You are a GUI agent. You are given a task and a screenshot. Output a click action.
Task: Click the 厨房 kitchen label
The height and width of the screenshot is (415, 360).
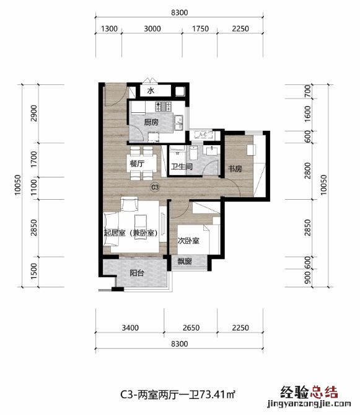pos(151,122)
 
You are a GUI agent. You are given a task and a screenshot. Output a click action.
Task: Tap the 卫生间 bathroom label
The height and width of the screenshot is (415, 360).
pos(182,166)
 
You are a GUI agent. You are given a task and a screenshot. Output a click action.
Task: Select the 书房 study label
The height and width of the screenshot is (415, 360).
pos(235,168)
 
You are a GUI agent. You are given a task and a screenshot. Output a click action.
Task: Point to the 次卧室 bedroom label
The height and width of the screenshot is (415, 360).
pos(188,241)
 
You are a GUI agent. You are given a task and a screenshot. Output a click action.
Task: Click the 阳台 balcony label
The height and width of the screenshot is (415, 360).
pos(137,273)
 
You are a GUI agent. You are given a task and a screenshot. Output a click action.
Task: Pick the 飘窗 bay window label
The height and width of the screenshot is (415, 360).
pos(184,262)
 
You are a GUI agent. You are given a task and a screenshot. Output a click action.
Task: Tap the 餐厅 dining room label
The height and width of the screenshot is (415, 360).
pos(137,164)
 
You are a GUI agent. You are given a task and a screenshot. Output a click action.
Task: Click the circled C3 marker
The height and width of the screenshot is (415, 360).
pos(155,187)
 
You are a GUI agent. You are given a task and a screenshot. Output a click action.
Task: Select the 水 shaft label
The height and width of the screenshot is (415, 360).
pos(151,91)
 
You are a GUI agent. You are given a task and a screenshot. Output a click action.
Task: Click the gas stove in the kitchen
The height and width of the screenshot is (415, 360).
pos(164,107)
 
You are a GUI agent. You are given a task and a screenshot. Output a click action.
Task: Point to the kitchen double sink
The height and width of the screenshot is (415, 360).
pos(179,123)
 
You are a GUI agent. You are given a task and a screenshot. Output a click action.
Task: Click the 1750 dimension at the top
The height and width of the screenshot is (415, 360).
pos(200,29)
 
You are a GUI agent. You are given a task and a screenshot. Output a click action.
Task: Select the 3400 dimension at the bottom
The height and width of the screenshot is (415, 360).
pos(130,328)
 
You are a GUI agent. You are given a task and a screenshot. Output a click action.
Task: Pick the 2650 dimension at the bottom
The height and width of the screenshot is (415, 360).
pos(191,328)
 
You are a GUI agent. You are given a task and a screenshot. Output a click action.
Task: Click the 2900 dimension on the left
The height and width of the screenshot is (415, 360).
pos(34,114)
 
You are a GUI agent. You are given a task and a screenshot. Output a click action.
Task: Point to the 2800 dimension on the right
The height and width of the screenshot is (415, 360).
pos(307,171)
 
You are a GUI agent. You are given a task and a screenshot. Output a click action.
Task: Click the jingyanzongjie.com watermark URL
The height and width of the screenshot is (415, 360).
pos(309,404)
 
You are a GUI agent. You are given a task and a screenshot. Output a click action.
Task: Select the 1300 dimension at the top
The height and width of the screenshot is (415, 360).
pos(109,29)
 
